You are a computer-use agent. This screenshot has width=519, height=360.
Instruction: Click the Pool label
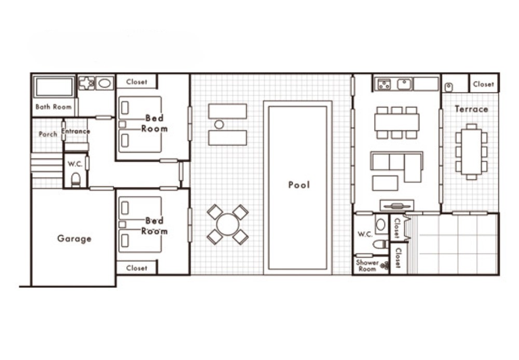pos(299,185)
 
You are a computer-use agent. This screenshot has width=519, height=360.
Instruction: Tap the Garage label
pos(74,238)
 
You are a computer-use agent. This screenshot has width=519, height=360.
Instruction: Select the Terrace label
pos(471,109)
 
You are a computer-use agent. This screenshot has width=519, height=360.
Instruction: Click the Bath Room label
pos(53,106)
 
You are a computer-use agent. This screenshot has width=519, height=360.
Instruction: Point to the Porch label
pos(48,134)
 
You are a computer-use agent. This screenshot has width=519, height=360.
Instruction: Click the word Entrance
pos(75,131)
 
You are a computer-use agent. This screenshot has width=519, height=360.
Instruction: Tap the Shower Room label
pos(367,265)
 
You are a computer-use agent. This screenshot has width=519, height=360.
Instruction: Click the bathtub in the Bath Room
pos(54,87)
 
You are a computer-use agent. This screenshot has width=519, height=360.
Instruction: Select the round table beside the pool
pos(228,224)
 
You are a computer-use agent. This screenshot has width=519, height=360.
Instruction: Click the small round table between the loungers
pos(219,125)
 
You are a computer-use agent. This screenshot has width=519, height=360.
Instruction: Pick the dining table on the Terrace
pos(471,152)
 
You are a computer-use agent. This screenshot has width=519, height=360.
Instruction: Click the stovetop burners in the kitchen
pos(384,85)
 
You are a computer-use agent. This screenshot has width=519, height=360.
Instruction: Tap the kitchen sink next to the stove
pos(404,84)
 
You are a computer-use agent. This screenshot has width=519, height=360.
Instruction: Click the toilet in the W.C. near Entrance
pos(76,180)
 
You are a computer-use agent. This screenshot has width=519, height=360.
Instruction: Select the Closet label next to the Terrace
pos(483,84)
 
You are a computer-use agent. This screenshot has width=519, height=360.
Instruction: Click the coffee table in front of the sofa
pos(385,183)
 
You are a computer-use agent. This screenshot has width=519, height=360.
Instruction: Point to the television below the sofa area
pos(397,206)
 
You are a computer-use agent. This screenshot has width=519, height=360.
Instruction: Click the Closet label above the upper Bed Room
pos(136,82)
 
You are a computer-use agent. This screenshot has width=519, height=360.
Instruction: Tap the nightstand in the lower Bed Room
pos(122,224)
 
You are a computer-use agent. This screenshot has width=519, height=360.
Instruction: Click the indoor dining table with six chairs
pos(397,122)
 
